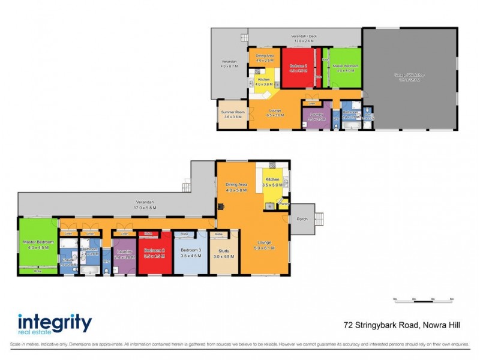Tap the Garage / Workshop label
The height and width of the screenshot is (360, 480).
point(409,75)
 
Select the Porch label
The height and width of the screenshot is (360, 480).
point(302,219)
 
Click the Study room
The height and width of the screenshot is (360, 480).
point(224,253)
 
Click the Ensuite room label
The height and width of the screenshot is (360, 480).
point(68,260)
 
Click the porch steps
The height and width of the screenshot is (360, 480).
point(319,219)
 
